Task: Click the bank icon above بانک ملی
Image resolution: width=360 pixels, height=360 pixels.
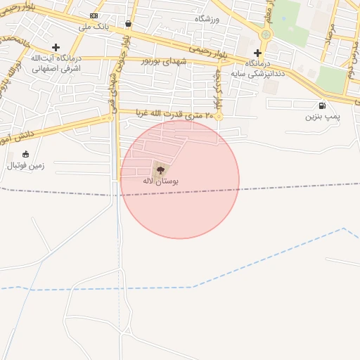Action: (x=94, y=15)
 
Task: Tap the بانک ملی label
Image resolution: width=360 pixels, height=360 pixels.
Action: (x=94, y=26)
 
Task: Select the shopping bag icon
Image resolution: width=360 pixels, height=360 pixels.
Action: (x=128, y=23)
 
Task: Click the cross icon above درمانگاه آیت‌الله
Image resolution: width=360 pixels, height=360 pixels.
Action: (x=56, y=47)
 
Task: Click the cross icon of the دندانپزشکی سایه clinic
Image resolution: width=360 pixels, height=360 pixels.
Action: (x=258, y=53)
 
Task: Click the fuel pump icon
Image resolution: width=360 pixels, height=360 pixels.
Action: (x=322, y=105)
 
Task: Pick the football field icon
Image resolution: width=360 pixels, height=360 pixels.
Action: (x=26, y=154)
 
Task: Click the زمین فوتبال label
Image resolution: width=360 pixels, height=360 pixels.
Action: (x=26, y=166)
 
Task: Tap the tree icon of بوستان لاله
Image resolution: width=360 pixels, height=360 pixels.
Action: (x=160, y=169)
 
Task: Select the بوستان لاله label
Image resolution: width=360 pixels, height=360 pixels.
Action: (x=160, y=181)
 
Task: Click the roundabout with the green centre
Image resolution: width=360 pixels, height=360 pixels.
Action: (x=266, y=34)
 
